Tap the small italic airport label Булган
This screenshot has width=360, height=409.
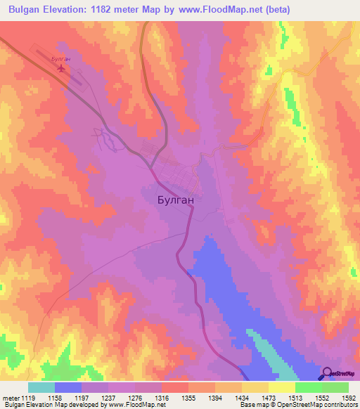pos(62,59)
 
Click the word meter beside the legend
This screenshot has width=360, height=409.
pos(9,398)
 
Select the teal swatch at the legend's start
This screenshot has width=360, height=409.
pos(41,387)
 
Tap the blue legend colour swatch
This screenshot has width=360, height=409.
pos(68,387)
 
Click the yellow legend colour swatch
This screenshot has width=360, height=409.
pos(282,387)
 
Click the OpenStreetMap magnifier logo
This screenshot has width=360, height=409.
pos(327,374)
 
